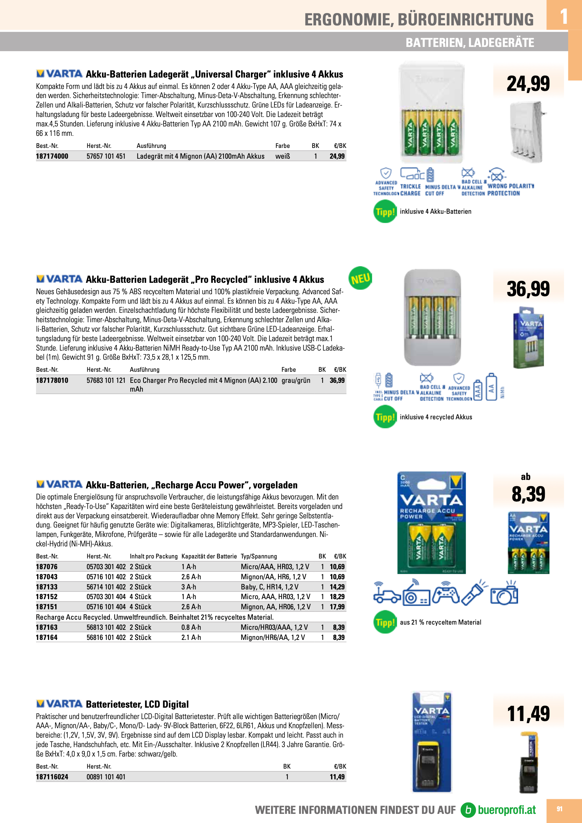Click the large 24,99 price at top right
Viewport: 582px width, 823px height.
[528, 83]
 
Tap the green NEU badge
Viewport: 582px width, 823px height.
[360, 278]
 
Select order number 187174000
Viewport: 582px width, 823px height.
[52, 156]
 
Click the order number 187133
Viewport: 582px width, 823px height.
[47, 587]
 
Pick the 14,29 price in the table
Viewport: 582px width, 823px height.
[337, 587]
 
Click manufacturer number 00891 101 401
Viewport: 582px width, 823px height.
[106, 777]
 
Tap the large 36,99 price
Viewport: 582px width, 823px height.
[528, 289]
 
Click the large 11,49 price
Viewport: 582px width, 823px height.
[528, 713]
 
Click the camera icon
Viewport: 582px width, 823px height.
[504, 595]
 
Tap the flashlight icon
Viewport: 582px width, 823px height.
[474, 594]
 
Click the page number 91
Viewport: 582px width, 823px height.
[560, 809]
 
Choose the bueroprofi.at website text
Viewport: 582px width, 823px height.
[506, 810]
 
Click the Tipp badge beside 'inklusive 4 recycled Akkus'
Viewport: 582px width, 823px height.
[385, 417]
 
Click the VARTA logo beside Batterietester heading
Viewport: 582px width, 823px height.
[60, 704]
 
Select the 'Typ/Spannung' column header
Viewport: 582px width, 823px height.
[258, 556]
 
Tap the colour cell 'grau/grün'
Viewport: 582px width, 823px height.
[296, 380]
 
